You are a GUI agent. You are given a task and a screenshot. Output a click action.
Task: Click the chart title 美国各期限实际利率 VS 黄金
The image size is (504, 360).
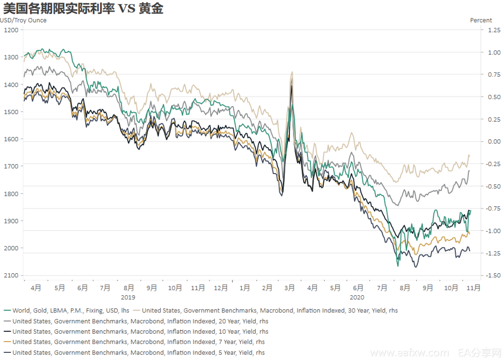coord(83,9)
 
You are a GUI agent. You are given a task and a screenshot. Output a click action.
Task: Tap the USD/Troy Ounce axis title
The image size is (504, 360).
coord(23,21)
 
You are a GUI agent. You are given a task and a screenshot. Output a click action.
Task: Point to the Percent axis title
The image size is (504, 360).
coord(481,21)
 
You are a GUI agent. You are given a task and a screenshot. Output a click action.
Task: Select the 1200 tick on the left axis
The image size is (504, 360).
coord(11,30)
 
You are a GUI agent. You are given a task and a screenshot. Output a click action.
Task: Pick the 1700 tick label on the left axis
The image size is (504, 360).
coord(11,166)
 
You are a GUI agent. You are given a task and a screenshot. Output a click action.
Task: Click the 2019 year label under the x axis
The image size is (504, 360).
coord(128,297)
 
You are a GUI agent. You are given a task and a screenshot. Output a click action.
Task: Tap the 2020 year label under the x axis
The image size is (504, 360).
coord(357,297)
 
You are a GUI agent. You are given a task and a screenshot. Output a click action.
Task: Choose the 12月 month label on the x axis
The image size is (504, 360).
coord(221,288)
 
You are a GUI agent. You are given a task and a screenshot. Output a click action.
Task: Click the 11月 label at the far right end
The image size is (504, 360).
coord(473,288)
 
